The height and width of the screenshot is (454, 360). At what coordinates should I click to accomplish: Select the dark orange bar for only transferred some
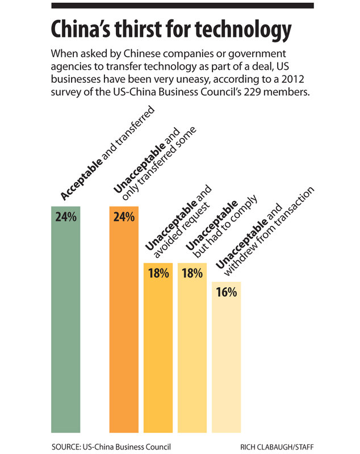click(124, 329)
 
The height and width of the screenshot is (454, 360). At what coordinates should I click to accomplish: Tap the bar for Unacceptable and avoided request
click(158, 352)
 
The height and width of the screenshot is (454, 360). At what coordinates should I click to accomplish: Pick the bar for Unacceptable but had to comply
click(192, 352)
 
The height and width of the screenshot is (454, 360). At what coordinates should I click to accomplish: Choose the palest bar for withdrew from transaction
click(227, 363)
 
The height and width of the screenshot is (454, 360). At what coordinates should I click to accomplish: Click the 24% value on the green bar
click(66, 217)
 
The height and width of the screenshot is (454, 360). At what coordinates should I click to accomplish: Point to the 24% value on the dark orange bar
click(124, 217)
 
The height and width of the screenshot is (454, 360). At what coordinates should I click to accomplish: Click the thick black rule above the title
click(182, 6)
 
